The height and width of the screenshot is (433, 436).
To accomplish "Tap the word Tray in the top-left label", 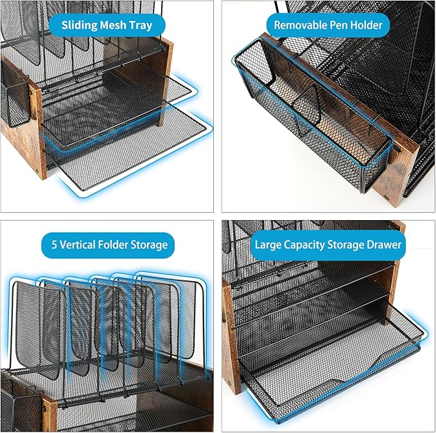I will pos(139,26).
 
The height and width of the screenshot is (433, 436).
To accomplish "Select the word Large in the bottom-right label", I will pos(270,244).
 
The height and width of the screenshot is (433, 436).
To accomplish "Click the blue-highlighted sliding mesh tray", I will pos(128,148).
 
